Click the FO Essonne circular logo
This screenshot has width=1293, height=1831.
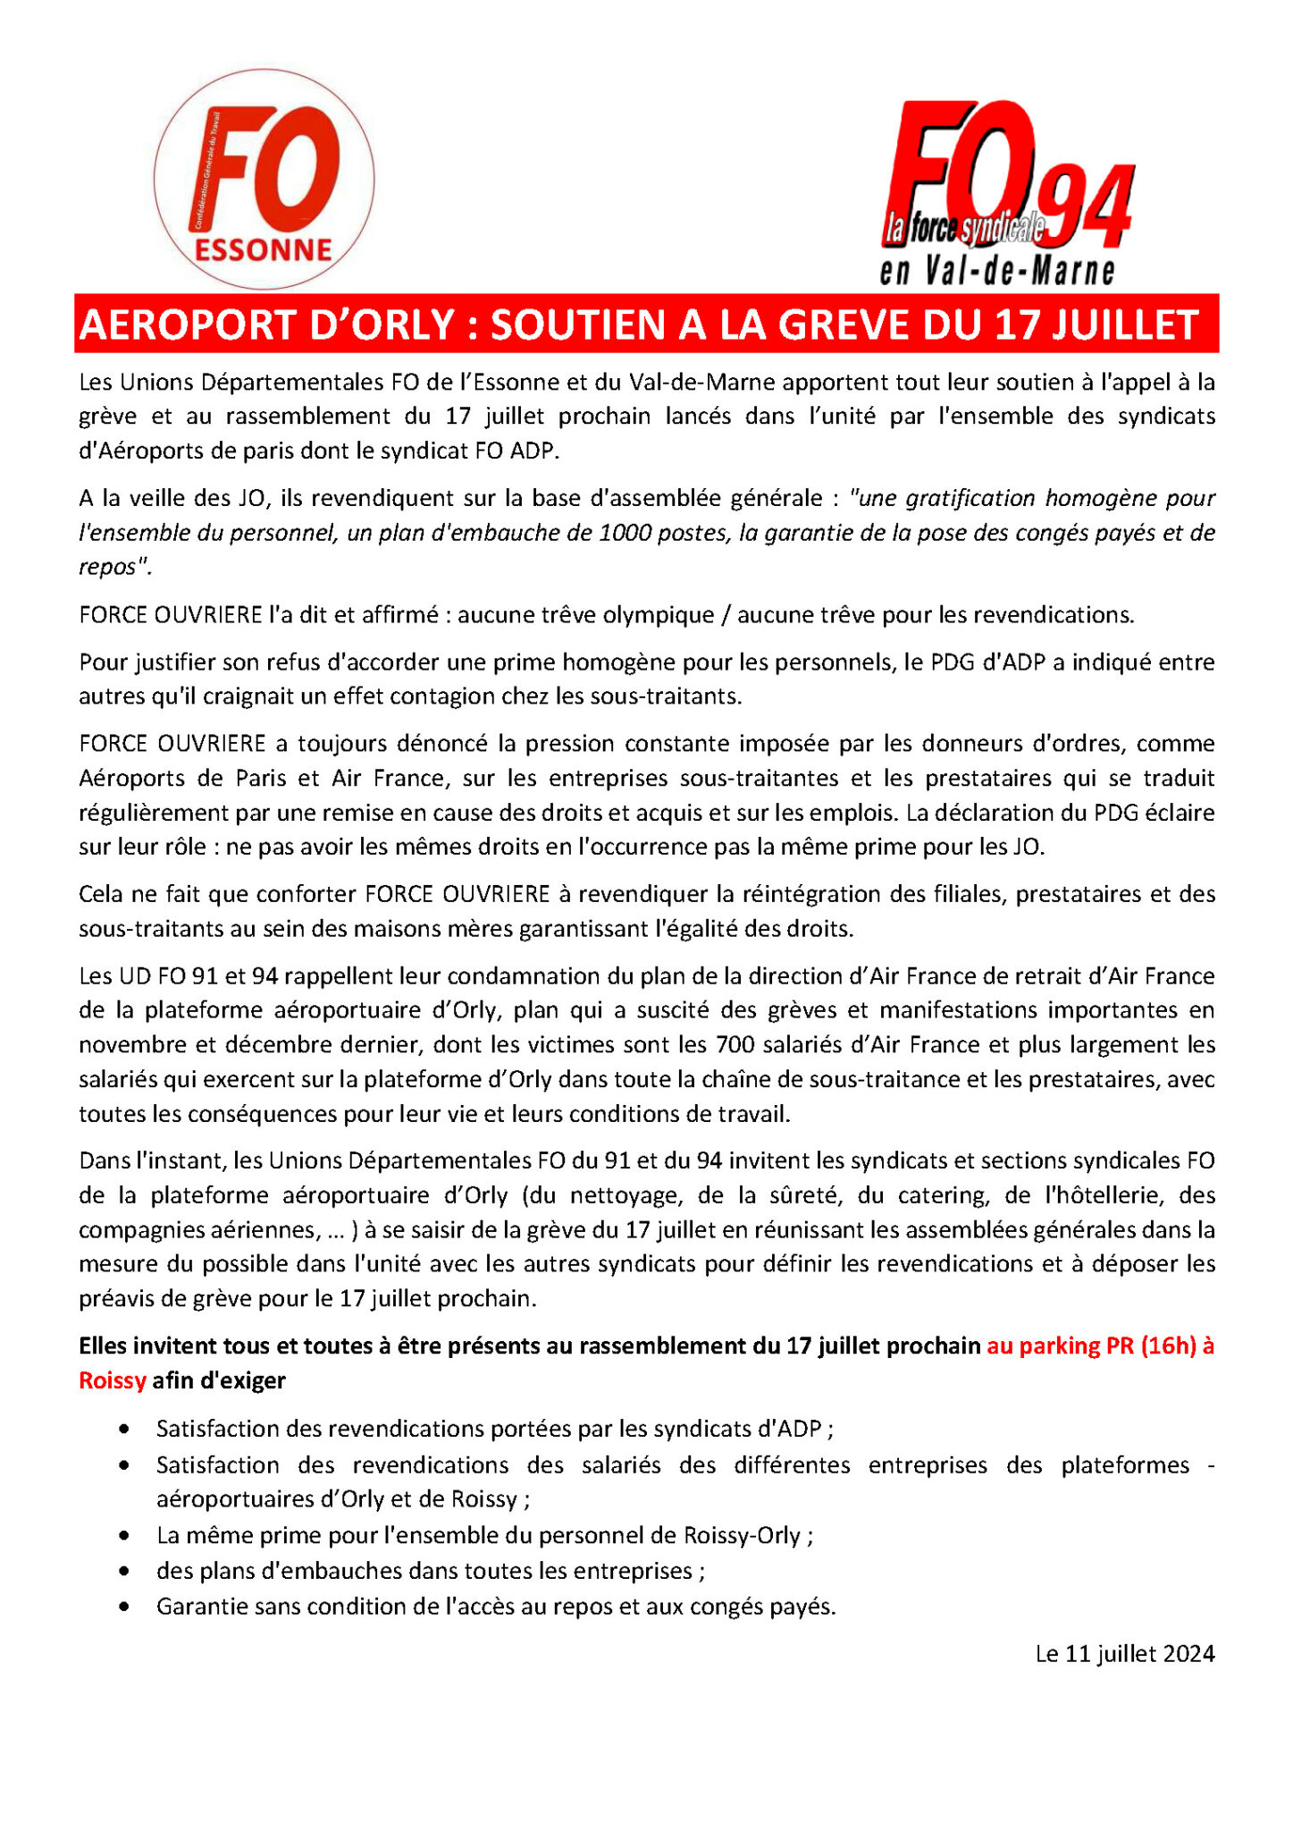[264, 179]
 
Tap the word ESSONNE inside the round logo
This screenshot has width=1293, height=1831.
[264, 249]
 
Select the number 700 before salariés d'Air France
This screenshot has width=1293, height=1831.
[734, 1044]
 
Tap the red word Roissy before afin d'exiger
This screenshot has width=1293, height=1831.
[112, 1380]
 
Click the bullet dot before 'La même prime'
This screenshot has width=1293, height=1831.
[124, 1536]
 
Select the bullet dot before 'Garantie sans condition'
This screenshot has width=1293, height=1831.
[124, 1607]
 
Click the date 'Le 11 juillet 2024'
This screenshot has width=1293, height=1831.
[1124, 1654]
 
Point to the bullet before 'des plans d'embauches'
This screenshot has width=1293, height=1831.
[124, 1571]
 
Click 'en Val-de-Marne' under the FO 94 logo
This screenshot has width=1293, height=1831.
[997, 270]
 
